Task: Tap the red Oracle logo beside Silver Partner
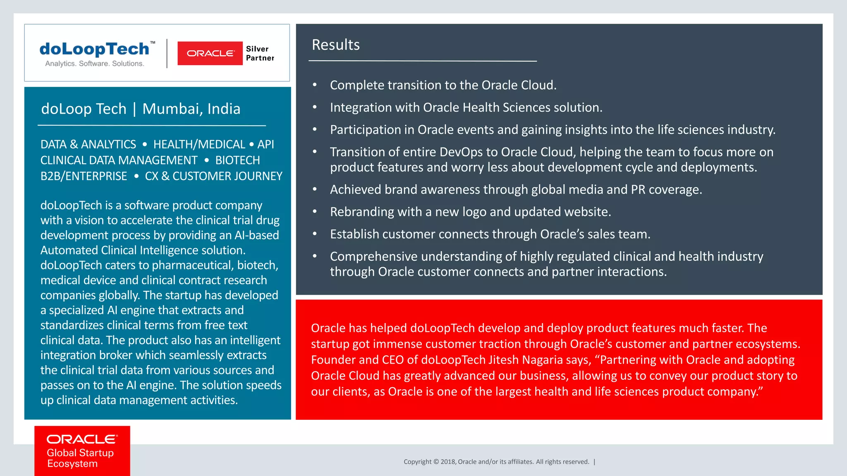(210, 53)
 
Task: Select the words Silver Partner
(260, 53)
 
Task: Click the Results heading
(335, 45)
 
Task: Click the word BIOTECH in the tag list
(237, 160)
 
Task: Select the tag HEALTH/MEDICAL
(199, 144)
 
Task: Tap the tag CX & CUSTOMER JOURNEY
(213, 176)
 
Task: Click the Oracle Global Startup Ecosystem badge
(82, 451)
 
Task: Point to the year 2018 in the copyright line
(448, 462)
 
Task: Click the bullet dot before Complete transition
(315, 85)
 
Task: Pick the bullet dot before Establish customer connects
(315, 234)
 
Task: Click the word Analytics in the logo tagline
(60, 64)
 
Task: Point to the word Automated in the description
(69, 250)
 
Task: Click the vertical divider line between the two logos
(167, 53)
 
